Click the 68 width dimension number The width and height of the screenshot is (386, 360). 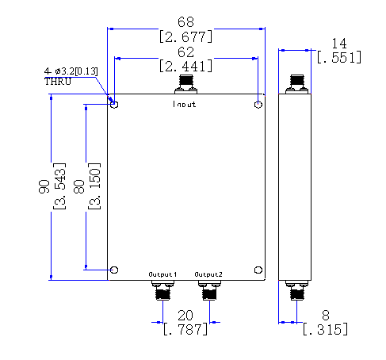pyautogui.click(x=185, y=22)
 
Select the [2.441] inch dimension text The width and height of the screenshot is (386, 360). pyautogui.click(x=185, y=66)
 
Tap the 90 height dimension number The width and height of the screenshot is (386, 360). pyautogui.click(x=44, y=186)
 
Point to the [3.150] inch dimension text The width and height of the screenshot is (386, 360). pyautogui.click(x=94, y=186)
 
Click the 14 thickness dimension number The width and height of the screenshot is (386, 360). pyautogui.click(x=339, y=44)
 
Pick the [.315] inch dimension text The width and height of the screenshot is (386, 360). pyautogui.click(x=325, y=329)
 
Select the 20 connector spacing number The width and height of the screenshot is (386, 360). pyautogui.click(x=185, y=316)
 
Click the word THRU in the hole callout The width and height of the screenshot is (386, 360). pyautogui.click(x=58, y=82)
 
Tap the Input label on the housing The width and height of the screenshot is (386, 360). pyautogui.click(x=185, y=104)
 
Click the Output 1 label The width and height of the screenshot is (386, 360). pyautogui.click(x=162, y=274)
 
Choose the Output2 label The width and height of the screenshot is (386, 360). pyautogui.click(x=208, y=274)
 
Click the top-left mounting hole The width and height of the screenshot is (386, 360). pyautogui.click(x=114, y=105)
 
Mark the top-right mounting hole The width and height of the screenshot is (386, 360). pyautogui.click(x=258, y=105)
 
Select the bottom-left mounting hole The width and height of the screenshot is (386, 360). pyautogui.click(x=114, y=270)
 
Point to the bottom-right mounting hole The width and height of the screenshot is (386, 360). pyautogui.click(x=258, y=270)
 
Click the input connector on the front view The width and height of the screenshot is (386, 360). pyautogui.click(x=185, y=84)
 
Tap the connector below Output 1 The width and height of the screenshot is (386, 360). pyautogui.click(x=162, y=290)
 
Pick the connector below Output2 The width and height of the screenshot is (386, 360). pyautogui.click(x=209, y=290)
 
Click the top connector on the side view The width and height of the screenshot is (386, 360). pyautogui.click(x=296, y=84)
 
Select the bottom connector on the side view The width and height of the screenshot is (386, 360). pyautogui.click(x=296, y=290)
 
